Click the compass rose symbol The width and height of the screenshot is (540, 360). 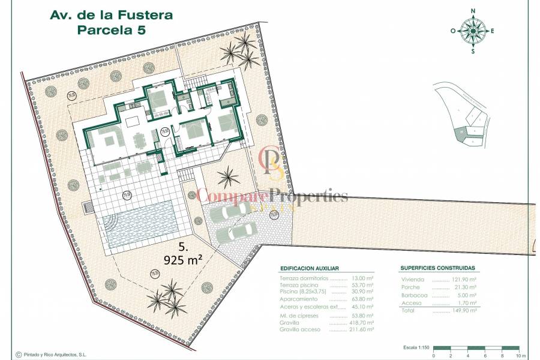click(x=473, y=30)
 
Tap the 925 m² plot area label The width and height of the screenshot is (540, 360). click(x=183, y=259)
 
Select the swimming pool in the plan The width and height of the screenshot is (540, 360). click(x=139, y=223)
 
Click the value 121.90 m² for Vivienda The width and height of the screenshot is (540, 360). click(x=464, y=280)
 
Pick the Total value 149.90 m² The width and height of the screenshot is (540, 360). click(x=464, y=311)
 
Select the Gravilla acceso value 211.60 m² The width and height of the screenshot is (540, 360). click(x=361, y=329)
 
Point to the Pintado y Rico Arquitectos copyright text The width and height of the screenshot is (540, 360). click(x=55, y=355)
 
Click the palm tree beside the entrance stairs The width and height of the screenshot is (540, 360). click(x=227, y=177)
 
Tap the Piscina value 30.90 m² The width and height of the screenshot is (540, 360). click(x=362, y=292)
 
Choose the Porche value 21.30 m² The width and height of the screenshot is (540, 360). click(x=464, y=287)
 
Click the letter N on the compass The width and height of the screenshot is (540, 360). click(x=473, y=10)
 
